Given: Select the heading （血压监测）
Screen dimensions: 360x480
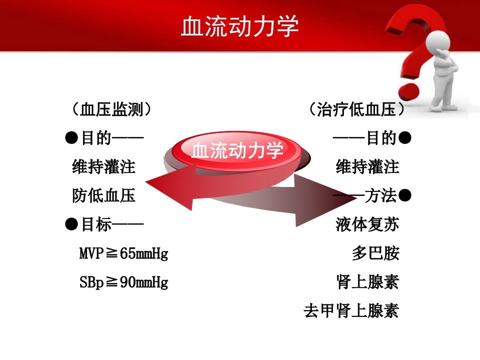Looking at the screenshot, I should pyautogui.click(x=111, y=109).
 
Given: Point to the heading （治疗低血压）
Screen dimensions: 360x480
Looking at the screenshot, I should pyautogui.click(x=356, y=109).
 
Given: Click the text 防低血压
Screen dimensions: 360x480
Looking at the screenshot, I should pyautogui.click(x=104, y=195).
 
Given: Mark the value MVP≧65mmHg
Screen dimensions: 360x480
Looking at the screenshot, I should pyautogui.click(x=123, y=254).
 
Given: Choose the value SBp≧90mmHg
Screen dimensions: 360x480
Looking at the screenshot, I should pyautogui.click(x=123, y=283).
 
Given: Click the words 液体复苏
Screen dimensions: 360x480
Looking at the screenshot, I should pyautogui.click(x=367, y=225).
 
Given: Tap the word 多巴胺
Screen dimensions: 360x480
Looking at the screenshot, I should pyautogui.click(x=375, y=254).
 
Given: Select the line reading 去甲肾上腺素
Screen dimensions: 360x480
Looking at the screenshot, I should pyautogui.click(x=351, y=311).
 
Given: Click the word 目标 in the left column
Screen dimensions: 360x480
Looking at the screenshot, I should pyautogui.click(x=96, y=225).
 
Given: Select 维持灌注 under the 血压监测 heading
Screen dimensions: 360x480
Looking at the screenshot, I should pyautogui.click(x=104, y=167).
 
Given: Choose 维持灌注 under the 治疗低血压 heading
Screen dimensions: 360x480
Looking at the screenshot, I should pyautogui.click(x=367, y=167).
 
